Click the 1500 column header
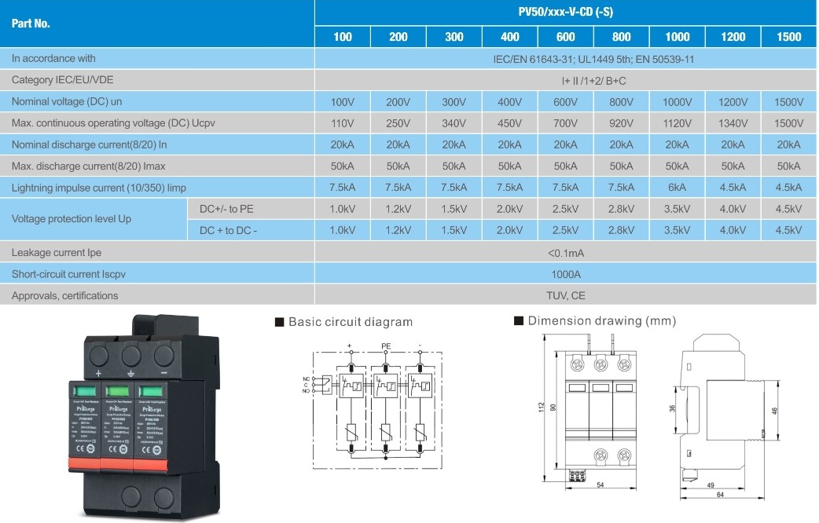point(788,37)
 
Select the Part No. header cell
point(31,24)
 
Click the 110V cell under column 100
point(343,123)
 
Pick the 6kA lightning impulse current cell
point(677,187)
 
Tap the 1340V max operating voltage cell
point(733,123)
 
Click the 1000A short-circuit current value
point(565,274)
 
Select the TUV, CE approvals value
point(565,295)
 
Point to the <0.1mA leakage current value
point(565,253)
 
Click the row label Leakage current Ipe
point(57,253)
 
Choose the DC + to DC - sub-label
point(229,230)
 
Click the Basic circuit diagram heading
point(350,322)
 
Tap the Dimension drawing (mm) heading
point(601,321)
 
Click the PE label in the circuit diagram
point(386,346)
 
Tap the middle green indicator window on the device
point(117,391)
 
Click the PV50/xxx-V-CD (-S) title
point(565,13)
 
